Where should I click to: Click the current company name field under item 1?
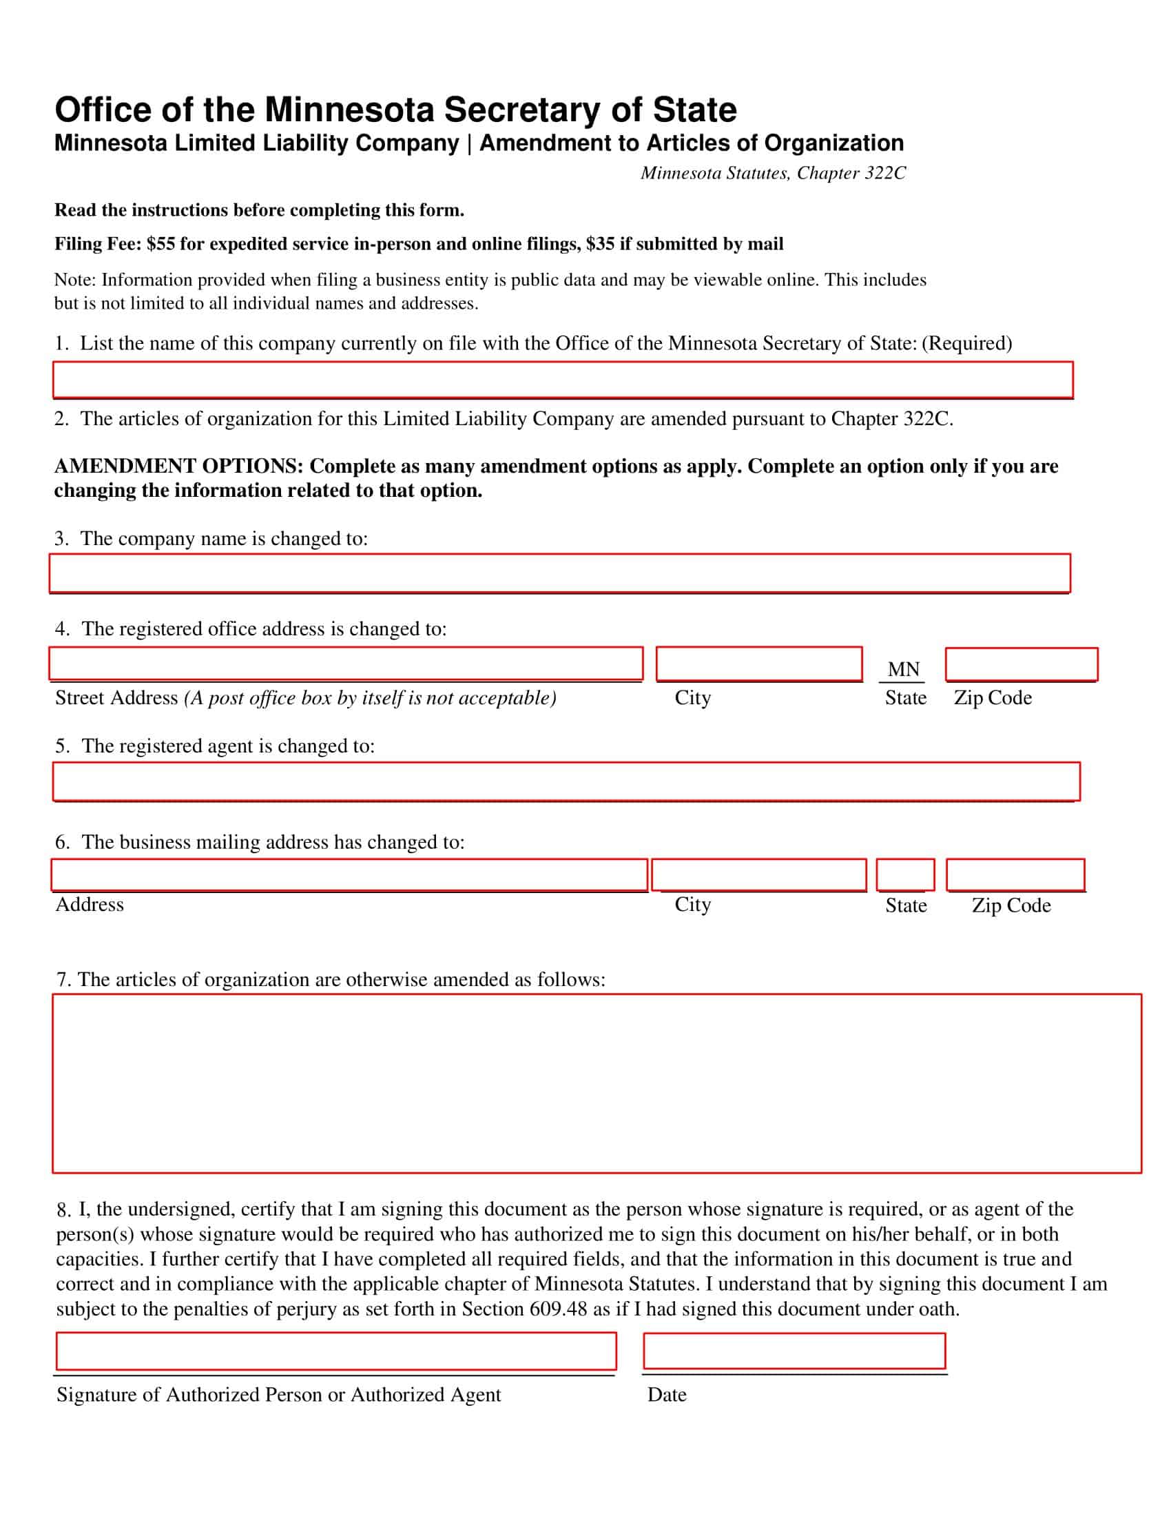tap(563, 380)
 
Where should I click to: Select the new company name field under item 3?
tap(559, 573)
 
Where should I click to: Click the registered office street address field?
tap(346, 664)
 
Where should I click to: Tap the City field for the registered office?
tap(759, 664)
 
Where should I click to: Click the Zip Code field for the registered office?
tap(1021, 664)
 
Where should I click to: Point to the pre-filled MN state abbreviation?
tap(903, 669)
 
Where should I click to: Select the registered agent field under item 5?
tap(566, 781)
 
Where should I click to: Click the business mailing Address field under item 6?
tap(349, 874)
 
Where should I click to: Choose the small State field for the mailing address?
tap(904, 874)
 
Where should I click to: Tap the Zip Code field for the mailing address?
tap(1015, 874)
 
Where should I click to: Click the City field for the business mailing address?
tap(759, 874)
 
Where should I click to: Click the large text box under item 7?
tap(597, 1083)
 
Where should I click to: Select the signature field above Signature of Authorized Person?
tap(335, 1351)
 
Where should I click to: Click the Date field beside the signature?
tap(794, 1351)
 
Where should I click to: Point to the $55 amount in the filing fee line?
tap(161, 245)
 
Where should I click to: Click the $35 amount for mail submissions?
tap(600, 245)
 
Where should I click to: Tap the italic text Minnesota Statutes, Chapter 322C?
tap(773, 173)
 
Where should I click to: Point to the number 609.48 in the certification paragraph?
tap(558, 1309)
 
